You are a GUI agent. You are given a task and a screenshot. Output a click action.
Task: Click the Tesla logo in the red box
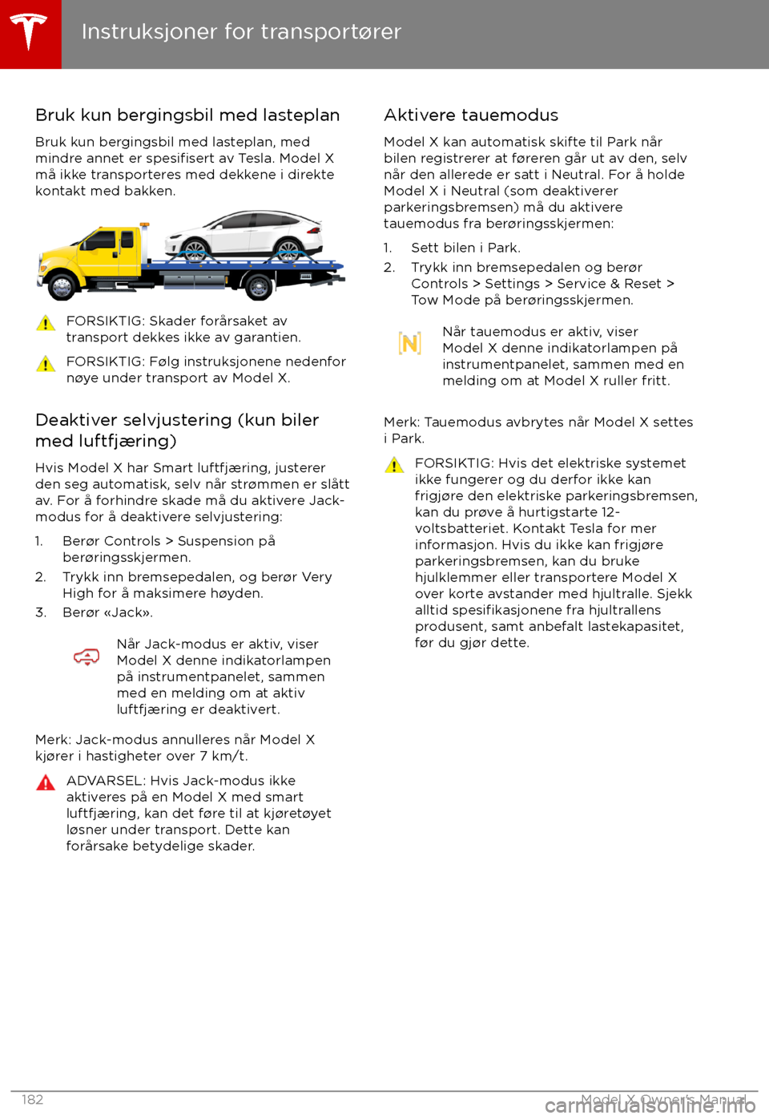pos(30,33)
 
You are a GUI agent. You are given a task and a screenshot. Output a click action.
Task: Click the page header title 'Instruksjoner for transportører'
pos(241,32)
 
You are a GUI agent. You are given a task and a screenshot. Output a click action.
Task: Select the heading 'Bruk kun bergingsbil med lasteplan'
pos(187,115)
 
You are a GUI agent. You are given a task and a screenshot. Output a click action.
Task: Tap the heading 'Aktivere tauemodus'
pos(471,115)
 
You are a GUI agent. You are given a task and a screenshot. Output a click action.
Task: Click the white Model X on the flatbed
pos(244,235)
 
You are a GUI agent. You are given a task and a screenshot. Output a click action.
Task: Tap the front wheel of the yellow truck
pos(62,285)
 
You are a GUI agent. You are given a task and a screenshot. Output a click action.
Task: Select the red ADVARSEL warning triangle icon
pos(46,783)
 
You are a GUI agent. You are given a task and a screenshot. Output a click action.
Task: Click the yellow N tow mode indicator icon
pos(409,344)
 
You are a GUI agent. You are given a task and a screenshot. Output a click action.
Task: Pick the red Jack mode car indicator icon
pos(87,657)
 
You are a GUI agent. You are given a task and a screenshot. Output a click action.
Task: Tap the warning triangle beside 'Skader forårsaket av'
pos(46,323)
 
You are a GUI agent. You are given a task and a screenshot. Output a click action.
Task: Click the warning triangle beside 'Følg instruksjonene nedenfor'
pos(46,364)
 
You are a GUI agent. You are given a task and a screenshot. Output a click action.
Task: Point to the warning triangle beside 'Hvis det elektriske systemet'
pos(394,465)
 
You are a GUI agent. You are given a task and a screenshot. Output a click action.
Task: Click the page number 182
pos(33,1100)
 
